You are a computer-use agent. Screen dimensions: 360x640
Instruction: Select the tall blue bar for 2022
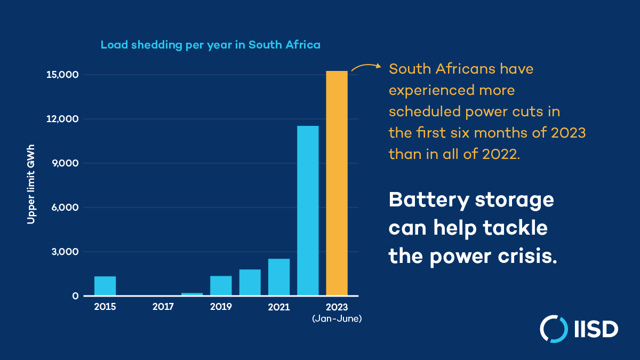pos(308,210)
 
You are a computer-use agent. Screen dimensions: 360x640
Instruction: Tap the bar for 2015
pos(105,286)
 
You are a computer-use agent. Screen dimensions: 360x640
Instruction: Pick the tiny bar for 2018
pos(192,294)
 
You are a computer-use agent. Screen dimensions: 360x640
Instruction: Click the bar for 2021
pos(279,277)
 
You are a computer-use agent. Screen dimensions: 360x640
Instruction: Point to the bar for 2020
pos(250,282)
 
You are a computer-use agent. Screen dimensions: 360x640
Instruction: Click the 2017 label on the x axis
pos(163,307)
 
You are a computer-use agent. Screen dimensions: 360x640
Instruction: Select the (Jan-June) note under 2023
pos(337,318)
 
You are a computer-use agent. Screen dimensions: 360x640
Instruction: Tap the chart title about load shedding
pos(211,45)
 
